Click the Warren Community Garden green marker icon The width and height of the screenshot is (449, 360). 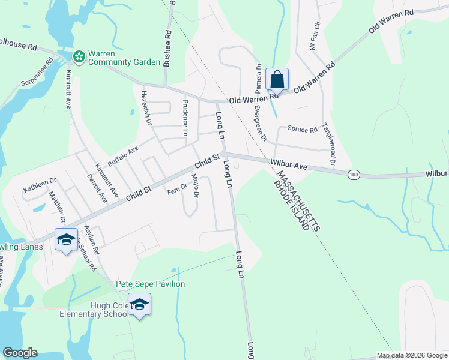tap(79, 56)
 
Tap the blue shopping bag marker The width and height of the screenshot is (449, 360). tap(277, 79)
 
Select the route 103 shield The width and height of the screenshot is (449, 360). tap(354, 173)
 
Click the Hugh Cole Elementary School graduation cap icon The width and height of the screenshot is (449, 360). tap(139, 305)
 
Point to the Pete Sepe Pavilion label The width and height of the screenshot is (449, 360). tap(150, 284)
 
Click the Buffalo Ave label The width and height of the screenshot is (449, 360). tap(123, 155)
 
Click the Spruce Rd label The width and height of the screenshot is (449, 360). tap(302, 129)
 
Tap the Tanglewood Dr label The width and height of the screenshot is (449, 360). tap(328, 144)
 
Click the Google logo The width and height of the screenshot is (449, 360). tap(20, 353)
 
